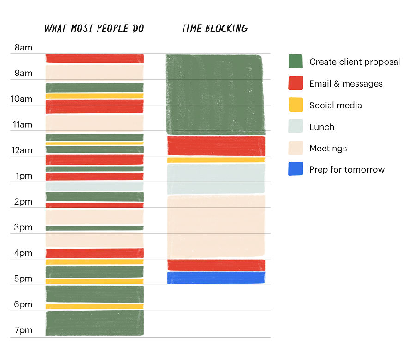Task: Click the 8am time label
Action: click(24, 47)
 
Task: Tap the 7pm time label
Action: click(24, 330)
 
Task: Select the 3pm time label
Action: click(24, 227)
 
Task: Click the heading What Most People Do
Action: click(94, 29)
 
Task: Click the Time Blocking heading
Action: click(215, 29)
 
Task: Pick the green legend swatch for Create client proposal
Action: click(296, 62)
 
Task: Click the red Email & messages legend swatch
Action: click(296, 83)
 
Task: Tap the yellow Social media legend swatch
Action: click(296, 105)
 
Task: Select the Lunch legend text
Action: click(322, 127)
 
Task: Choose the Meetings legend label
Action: click(328, 149)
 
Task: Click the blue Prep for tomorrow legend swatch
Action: click(296, 169)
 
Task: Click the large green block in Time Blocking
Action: click(215, 94)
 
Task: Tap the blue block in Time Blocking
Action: click(216, 278)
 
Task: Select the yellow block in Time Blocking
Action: click(216, 160)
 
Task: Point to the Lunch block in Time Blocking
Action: click(216, 179)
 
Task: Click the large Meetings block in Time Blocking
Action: click(216, 226)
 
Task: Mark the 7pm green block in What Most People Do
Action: click(95, 323)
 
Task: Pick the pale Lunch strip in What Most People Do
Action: click(95, 186)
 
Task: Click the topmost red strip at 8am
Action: click(95, 58)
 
